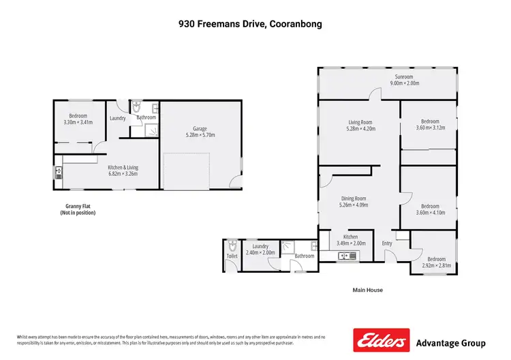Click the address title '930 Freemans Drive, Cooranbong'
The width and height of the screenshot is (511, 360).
(x=255, y=24)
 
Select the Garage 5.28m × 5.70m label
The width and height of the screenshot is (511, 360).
(x=200, y=132)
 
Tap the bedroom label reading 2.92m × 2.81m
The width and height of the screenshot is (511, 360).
(x=436, y=262)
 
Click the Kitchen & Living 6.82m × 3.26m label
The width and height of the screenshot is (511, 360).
(x=123, y=170)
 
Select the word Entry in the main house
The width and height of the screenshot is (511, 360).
(x=387, y=243)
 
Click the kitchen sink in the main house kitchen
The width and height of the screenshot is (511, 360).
(x=347, y=256)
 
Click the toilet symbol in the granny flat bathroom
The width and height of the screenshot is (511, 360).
(x=137, y=108)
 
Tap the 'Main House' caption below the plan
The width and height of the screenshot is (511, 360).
(x=367, y=290)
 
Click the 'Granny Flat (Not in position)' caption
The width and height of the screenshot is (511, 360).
(x=78, y=209)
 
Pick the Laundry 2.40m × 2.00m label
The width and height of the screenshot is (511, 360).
(x=260, y=250)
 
